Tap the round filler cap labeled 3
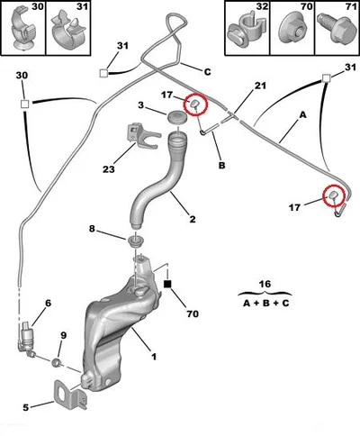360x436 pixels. [x=177, y=116]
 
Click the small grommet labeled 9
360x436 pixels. [x=56, y=362]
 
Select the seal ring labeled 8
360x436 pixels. [x=136, y=241]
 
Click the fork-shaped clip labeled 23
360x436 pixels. [x=142, y=136]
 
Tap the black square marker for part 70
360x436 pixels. [x=168, y=284]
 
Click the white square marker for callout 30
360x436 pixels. [x=24, y=104]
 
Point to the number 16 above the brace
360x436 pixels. [x=265, y=284]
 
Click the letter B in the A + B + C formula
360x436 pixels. [x=266, y=303]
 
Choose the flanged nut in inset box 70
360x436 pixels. [x=292, y=30]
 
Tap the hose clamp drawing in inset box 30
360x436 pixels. [x=23, y=29]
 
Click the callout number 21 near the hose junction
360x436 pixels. [x=260, y=86]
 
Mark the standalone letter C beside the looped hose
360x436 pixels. [x=207, y=72]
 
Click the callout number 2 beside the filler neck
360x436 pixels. [x=193, y=219]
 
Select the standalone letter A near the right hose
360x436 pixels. [x=303, y=114]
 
